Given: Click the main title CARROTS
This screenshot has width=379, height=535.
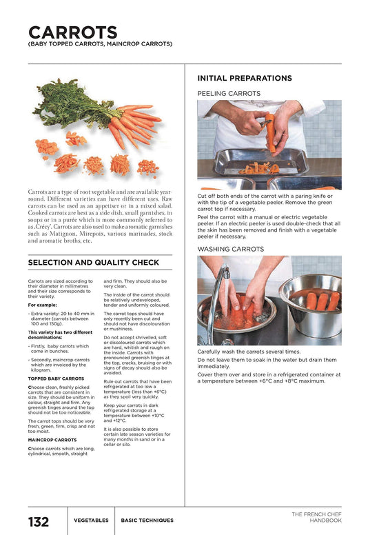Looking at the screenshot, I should (72, 32).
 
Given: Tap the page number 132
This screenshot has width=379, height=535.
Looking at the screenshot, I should (39, 521).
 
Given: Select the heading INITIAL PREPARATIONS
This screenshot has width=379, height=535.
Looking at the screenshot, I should (244, 79).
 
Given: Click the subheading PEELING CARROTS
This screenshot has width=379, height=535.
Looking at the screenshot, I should (229, 93).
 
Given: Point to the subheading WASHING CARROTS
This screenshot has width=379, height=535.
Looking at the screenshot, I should (230, 248).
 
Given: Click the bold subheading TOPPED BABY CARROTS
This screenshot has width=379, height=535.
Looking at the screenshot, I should (56, 378).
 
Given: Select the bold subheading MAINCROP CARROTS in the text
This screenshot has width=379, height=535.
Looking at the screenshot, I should (52, 439).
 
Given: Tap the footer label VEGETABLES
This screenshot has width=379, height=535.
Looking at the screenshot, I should (91, 521).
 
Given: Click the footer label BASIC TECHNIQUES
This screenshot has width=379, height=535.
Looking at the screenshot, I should (147, 521).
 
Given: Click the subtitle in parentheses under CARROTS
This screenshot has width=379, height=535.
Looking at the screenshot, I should (100, 44).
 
